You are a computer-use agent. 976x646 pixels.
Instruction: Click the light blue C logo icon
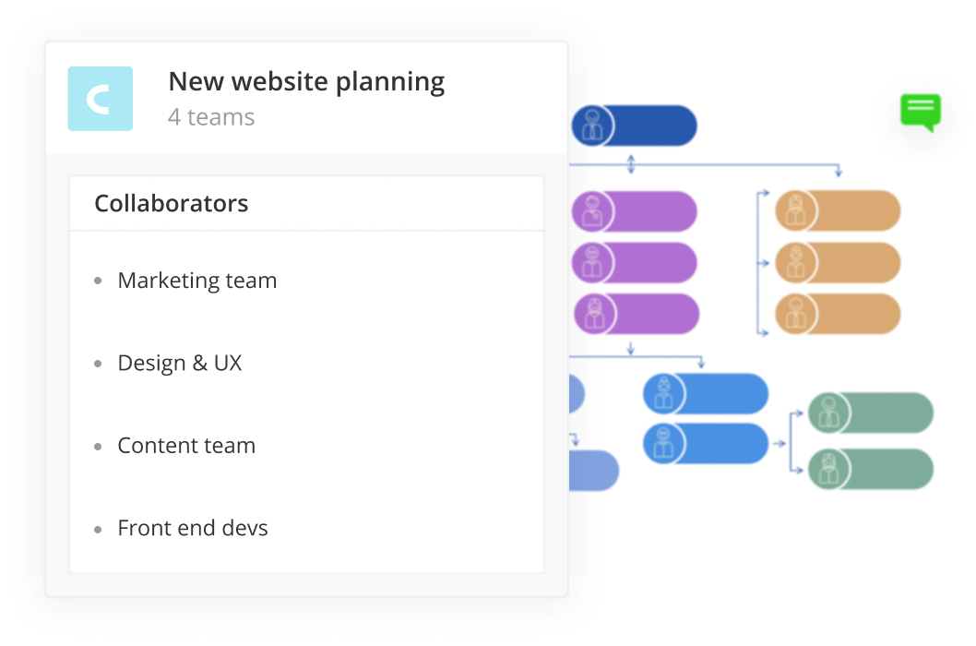100,99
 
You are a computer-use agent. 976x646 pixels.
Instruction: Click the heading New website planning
306,82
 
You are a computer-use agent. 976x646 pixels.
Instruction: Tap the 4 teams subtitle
211,117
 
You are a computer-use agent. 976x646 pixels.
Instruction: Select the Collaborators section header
172,203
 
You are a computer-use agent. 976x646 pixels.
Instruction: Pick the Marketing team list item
196,281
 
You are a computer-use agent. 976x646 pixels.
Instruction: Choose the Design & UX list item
179,363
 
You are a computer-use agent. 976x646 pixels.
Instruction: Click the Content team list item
186,446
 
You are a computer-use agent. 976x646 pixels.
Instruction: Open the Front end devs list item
193,529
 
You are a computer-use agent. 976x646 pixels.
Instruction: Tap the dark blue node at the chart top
635,126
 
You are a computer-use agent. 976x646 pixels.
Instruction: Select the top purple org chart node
635,211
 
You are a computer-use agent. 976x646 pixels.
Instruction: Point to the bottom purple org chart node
637,314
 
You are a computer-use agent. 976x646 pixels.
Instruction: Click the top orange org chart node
838,211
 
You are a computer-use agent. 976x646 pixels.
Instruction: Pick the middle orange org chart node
838,263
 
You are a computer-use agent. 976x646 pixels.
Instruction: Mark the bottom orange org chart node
838,314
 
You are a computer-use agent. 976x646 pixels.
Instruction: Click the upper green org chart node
871,413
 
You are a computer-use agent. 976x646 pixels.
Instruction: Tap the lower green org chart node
871,469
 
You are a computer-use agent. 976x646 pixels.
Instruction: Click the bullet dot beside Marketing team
99,281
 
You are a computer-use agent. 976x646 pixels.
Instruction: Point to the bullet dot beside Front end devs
99,530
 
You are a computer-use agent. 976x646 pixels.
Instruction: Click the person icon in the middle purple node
592,263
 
